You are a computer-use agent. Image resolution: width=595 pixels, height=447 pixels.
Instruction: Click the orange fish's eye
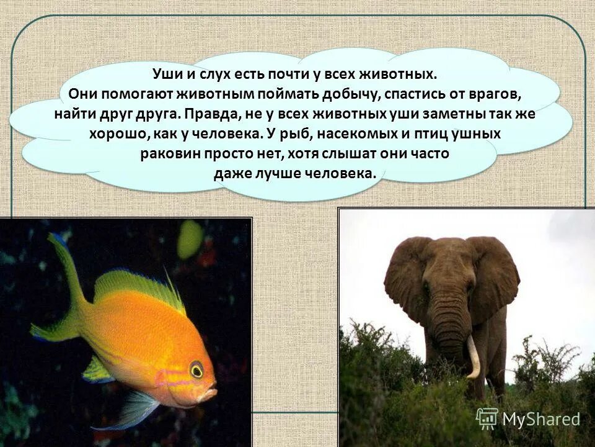pos(196,370)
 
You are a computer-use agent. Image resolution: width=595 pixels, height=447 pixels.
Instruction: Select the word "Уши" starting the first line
pos(165,74)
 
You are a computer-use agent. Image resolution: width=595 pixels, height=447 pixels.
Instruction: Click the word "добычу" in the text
pos(346,94)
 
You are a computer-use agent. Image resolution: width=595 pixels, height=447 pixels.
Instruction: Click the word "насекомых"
pos(373,133)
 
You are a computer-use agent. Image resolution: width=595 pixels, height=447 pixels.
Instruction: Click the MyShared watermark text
pos(541,420)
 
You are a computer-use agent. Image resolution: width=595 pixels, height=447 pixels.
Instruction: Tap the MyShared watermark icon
pos(487,419)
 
